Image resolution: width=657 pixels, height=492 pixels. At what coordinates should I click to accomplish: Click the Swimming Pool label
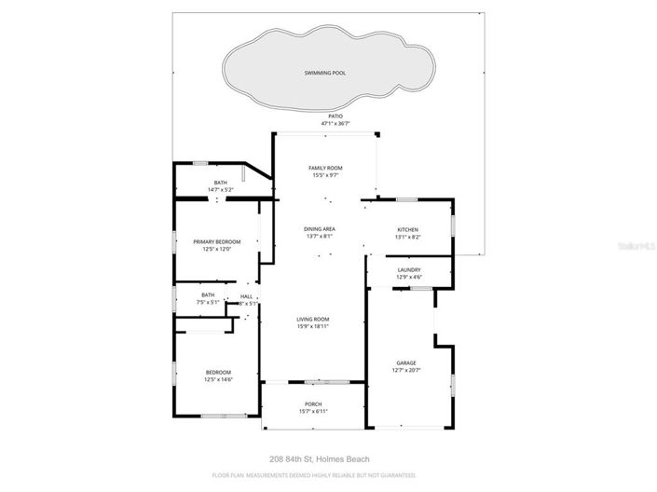325,72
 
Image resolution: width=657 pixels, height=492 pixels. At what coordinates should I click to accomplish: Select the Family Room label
326,168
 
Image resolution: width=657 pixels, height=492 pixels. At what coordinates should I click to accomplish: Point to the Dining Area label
320,228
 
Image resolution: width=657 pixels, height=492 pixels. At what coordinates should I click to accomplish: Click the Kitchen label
407,229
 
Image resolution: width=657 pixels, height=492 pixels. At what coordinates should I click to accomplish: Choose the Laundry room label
408,270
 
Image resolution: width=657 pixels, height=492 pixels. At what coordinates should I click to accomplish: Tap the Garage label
406,362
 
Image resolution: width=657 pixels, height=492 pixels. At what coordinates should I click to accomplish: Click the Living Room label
313,319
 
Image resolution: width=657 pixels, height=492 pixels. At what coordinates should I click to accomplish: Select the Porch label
313,403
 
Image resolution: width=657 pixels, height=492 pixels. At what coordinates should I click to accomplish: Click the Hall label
246,296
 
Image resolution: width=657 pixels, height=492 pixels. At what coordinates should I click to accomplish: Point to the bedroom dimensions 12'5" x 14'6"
218,379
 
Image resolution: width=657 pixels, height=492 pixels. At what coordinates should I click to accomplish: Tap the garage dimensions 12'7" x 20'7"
406,370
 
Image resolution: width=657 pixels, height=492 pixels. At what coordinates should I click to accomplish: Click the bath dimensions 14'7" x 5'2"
220,190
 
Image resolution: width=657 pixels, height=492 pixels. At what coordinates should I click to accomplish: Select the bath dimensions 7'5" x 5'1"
207,303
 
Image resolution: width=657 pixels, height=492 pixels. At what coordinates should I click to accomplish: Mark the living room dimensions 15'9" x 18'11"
313,326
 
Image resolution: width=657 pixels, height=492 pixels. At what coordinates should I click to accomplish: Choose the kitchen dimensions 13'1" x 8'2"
407,237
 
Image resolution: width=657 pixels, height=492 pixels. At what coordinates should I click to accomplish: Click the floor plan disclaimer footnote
314,474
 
